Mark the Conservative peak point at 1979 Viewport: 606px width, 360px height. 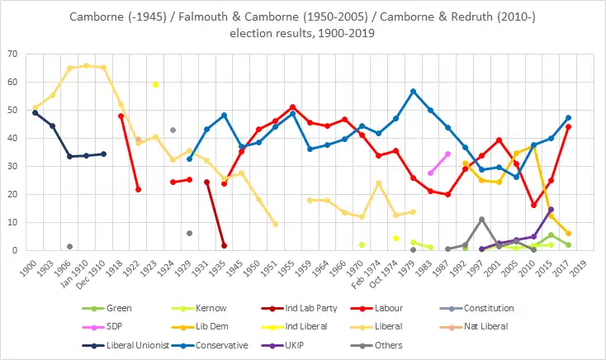tap(413, 91)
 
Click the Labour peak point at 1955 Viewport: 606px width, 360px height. tap(292, 107)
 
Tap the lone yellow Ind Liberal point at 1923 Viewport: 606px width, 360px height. tap(155, 84)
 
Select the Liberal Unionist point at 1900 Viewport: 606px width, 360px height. tap(35, 112)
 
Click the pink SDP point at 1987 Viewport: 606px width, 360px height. tap(447, 154)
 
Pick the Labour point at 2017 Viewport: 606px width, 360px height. tap(569, 126)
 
